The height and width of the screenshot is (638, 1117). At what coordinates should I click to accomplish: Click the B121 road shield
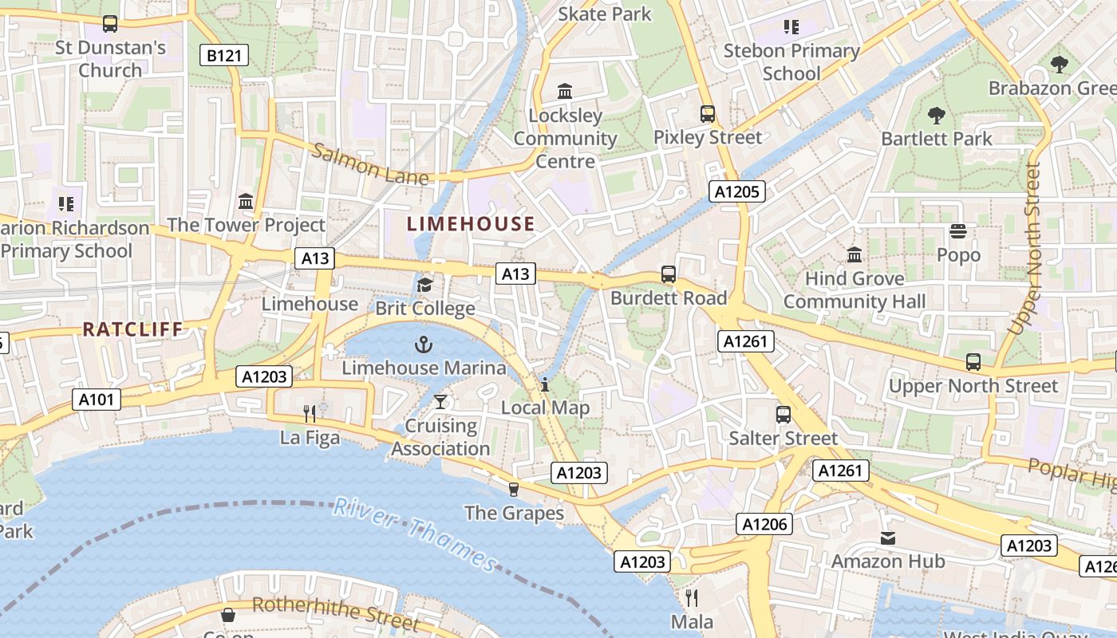223,55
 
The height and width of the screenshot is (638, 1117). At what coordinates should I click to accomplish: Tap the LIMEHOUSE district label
471,224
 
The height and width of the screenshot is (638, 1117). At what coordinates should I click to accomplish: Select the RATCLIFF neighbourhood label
132,329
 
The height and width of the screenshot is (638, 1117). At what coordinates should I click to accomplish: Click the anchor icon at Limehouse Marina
424,345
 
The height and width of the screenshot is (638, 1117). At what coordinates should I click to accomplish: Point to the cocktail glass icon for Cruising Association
440,401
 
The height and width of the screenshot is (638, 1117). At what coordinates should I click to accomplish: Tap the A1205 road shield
737,191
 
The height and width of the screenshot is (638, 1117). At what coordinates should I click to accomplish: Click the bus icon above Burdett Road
669,274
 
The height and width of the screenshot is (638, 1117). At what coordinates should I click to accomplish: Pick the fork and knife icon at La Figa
310,413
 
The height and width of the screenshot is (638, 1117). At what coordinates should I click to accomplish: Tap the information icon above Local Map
545,384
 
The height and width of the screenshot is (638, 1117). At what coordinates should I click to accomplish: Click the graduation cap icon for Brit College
424,285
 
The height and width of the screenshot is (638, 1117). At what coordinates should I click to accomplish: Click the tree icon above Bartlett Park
937,116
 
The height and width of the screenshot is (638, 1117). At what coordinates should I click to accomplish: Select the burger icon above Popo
958,231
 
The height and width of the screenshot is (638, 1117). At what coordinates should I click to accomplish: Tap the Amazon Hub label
888,561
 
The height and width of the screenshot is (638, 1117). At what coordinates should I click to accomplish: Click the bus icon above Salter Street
783,414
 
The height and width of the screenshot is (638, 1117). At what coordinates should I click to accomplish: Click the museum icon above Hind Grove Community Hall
855,254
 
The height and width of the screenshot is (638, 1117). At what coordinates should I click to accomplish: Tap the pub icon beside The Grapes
514,489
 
